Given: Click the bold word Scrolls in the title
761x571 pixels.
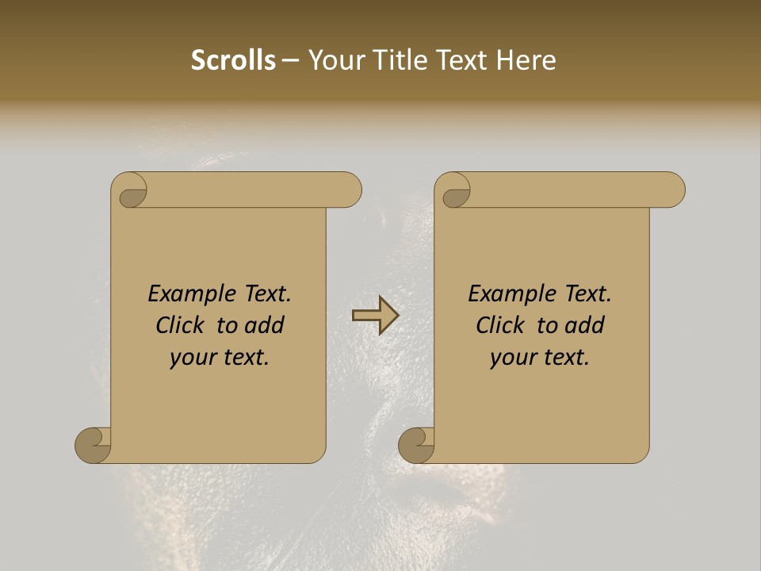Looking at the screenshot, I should pyautogui.click(x=233, y=60).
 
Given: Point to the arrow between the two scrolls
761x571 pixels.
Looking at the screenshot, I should pyautogui.click(x=375, y=316).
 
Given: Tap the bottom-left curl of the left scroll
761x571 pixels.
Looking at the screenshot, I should pyautogui.click(x=94, y=445).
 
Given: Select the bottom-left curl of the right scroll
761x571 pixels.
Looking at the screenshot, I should pyautogui.click(x=417, y=445).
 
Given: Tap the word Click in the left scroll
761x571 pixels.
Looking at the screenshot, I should pyautogui.click(x=182, y=325).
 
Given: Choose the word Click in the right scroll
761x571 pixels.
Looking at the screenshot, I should pyautogui.click(x=502, y=325).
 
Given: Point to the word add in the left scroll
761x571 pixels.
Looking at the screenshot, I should pyautogui.click(x=266, y=325).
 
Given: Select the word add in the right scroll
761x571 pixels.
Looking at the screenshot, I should pyautogui.click(x=586, y=325).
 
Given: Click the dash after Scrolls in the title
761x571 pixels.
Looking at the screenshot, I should pyautogui.click(x=291, y=61).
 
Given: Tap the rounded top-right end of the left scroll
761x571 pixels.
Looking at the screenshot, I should pyautogui.click(x=349, y=190).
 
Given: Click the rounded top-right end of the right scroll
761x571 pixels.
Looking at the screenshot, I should pyautogui.click(x=672, y=190).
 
